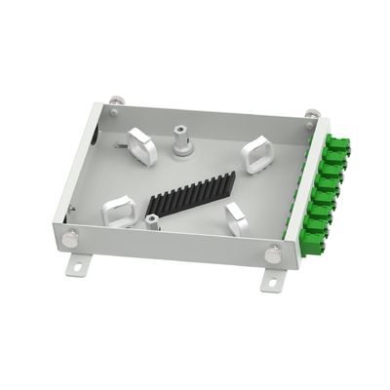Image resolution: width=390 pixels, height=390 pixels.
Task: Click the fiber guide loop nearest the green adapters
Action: [258, 154]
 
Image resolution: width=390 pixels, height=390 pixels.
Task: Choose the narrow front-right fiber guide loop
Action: [237, 219]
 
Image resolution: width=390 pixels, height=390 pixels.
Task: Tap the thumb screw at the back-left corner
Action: [114, 100]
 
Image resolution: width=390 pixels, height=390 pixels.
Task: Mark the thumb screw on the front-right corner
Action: [274, 254]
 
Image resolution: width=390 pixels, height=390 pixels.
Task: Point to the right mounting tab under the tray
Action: [270, 279]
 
